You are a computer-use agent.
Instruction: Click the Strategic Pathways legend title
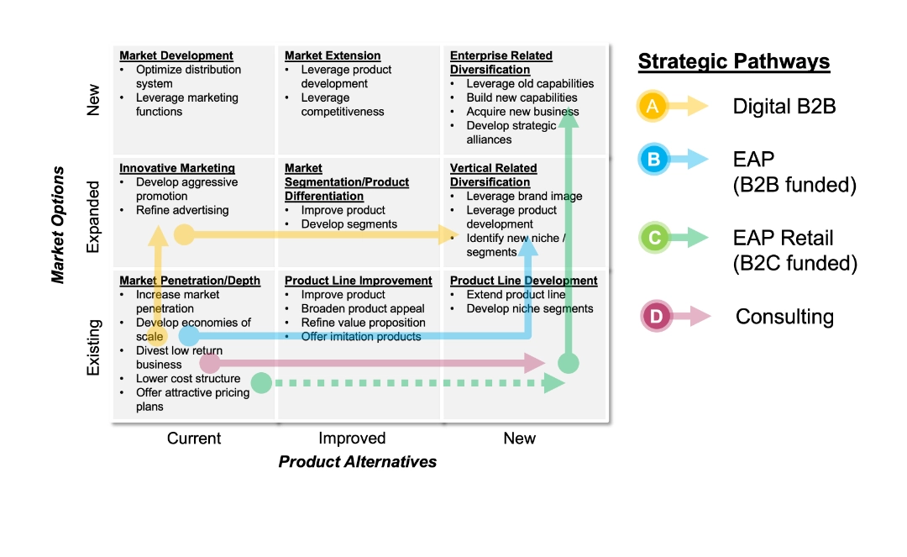[x=733, y=61]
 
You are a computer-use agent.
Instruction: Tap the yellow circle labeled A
[x=653, y=106]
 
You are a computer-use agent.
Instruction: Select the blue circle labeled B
[x=653, y=159]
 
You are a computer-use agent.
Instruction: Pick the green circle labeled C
[x=653, y=239]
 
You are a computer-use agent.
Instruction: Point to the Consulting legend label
[x=784, y=317]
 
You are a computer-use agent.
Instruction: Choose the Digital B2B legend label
[x=784, y=106]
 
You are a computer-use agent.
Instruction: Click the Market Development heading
[x=176, y=55]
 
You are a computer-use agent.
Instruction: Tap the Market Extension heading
[x=333, y=55]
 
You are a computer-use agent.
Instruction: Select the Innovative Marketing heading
[x=177, y=168]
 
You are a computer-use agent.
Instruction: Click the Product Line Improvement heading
[x=359, y=281]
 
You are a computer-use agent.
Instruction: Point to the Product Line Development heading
[x=524, y=281]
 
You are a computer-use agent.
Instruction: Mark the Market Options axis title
[x=58, y=224]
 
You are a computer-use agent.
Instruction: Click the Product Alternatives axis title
[x=358, y=461]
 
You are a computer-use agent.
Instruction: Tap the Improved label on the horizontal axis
[x=352, y=438]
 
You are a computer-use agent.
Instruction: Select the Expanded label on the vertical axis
[x=93, y=216]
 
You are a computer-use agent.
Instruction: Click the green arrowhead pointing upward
[x=569, y=118]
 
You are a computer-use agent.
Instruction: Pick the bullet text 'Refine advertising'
[x=182, y=210]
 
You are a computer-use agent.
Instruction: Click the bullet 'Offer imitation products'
[x=361, y=337]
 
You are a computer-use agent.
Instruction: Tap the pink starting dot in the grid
[x=210, y=363]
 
